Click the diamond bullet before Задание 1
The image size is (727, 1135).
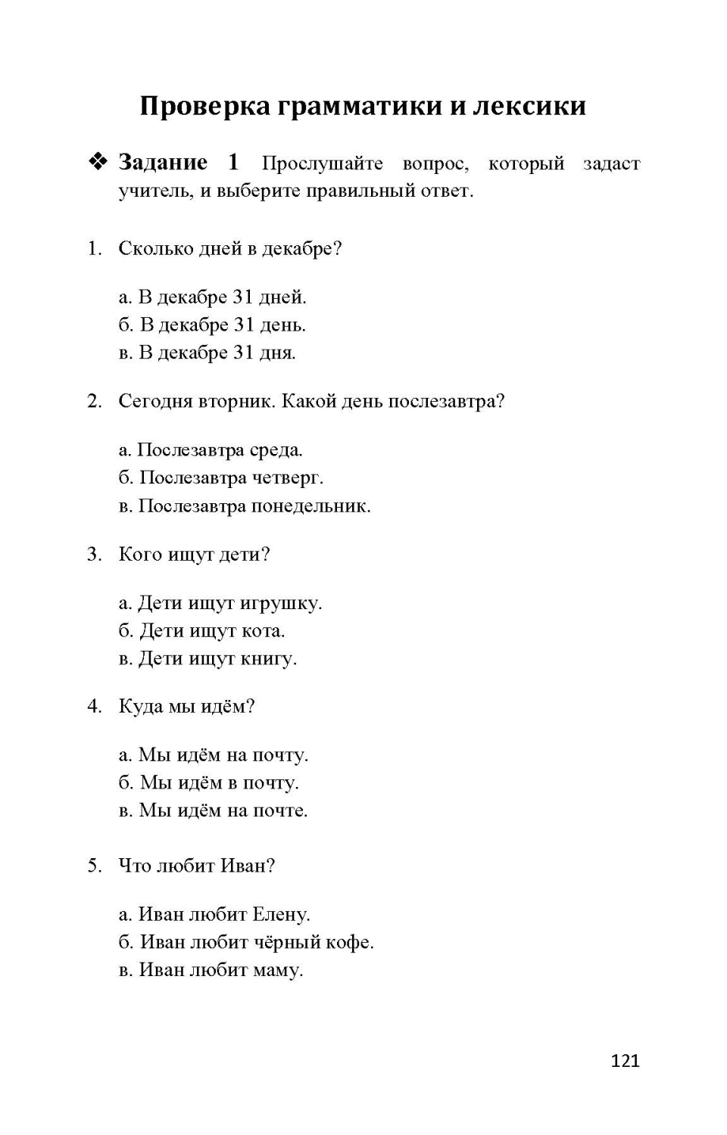pyautogui.click(x=98, y=162)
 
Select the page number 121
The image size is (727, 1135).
pyautogui.click(x=625, y=1061)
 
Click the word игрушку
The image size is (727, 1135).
pyautogui.click(x=281, y=604)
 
